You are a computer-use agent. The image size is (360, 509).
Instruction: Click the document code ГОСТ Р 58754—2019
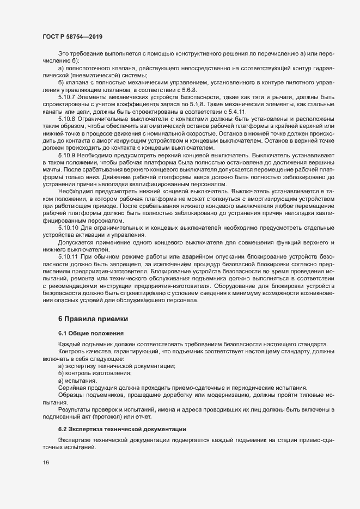(x=72, y=36)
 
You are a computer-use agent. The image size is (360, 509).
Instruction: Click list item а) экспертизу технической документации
(x=117, y=366)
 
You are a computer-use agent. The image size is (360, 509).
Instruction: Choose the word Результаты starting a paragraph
(x=75, y=408)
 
